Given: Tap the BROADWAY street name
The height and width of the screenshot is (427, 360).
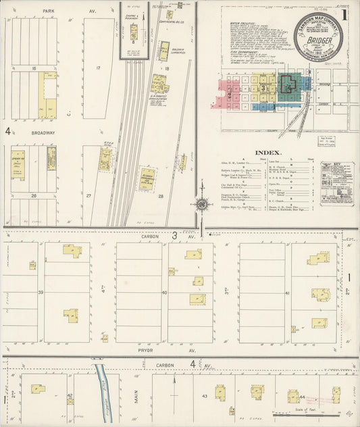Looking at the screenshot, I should (x=42, y=133).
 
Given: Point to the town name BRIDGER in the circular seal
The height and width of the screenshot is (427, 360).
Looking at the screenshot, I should (x=318, y=40).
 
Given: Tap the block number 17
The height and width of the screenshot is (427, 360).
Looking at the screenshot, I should (x=98, y=68).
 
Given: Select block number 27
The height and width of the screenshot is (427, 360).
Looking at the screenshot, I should (x=88, y=195).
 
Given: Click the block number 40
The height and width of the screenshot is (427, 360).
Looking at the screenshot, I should (x=165, y=292).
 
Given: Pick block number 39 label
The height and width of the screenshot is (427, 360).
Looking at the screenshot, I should (x=41, y=292).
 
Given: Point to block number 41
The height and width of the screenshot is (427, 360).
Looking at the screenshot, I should (x=288, y=292).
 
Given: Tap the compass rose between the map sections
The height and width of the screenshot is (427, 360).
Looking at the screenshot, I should (x=201, y=203).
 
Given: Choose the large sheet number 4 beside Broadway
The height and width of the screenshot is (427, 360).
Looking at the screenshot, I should (x=7, y=131).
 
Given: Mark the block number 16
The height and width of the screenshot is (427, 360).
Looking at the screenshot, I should (x=32, y=68).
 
